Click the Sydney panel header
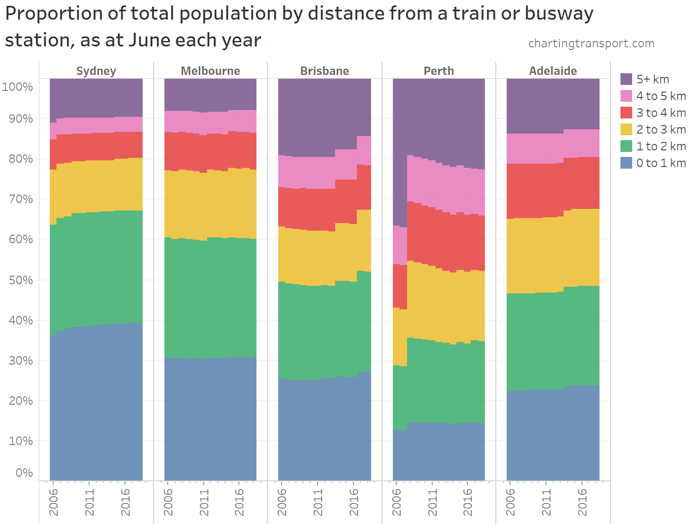coord(96,71)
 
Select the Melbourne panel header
coord(210,71)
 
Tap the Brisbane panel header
coord(324,71)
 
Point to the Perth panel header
coord(438,71)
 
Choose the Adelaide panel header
coord(553,71)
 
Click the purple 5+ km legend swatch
coord(626,79)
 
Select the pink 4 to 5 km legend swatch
coord(626,96)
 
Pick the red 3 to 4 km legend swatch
coord(626,113)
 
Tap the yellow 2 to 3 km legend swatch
coord(626,129)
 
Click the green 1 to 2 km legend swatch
coord(626,146)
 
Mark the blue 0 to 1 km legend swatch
coord(626,163)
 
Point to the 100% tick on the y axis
coord(18,87)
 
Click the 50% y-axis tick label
coord(21,280)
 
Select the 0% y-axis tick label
coord(24,473)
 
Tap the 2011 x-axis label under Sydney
coord(90,502)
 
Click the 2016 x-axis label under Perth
coord(468,502)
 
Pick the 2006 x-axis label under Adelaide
coord(510,502)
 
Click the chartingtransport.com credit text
coord(591,44)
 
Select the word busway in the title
coord(559,14)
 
